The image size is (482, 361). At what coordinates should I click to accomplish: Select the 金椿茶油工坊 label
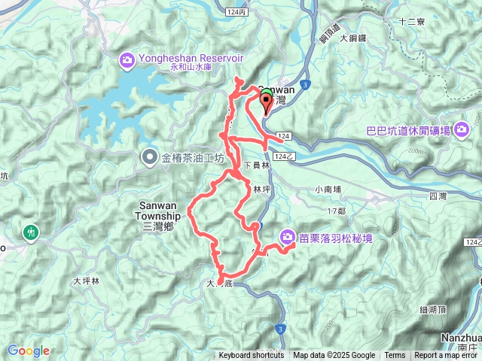[193, 158]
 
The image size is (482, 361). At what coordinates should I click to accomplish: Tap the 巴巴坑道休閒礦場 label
[408, 131]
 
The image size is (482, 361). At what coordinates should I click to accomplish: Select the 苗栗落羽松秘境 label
[336, 238]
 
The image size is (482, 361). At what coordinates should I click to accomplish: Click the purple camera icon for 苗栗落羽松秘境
[288, 238]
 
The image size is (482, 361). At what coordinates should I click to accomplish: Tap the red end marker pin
[266, 101]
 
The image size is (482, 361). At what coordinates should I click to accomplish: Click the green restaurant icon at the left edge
[31, 233]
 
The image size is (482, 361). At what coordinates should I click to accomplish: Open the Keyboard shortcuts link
[252, 356]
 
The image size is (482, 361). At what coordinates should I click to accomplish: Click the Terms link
[395, 356]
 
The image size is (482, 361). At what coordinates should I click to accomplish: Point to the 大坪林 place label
[87, 281]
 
